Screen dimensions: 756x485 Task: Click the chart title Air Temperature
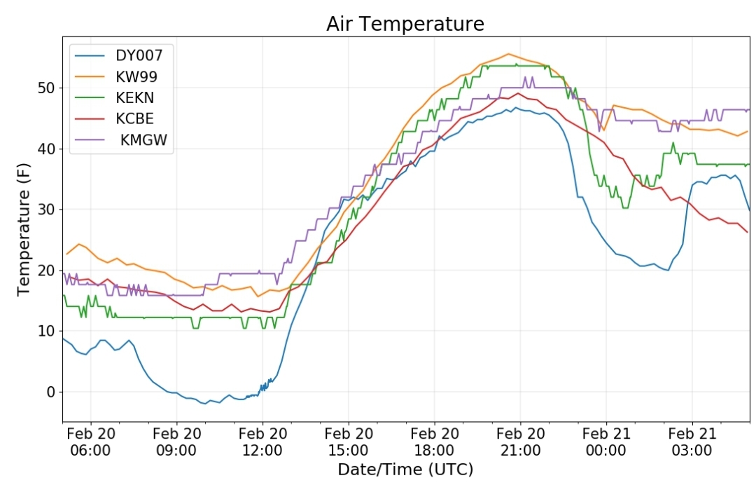click(405, 24)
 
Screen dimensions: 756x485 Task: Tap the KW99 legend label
click(136, 76)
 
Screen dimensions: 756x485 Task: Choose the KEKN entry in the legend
click(135, 97)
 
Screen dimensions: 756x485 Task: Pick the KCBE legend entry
click(135, 118)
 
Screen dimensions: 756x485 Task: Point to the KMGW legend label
click(143, 140)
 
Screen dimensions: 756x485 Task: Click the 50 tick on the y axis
click(46, 88)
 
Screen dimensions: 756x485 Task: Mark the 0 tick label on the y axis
click(51, 392)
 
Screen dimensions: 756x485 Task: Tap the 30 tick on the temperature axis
click(46, 210)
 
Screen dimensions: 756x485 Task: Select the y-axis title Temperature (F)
click(24, 229)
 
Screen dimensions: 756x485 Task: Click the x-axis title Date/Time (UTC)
click(405, 469)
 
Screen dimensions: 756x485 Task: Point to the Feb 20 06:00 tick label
click(90, 442)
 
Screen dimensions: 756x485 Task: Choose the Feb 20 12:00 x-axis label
click(262, 442)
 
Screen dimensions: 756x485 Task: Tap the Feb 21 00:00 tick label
click(606, 442)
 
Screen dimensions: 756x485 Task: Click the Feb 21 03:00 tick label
click(692, 442)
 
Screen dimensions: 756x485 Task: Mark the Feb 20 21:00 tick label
click(520, 442)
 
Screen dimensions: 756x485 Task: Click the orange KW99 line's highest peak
click(509, 53)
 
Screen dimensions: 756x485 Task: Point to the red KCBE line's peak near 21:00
click(518, 93)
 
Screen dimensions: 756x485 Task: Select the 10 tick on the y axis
click(46, 331)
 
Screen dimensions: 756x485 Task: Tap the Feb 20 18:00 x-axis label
click(435, 442)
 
